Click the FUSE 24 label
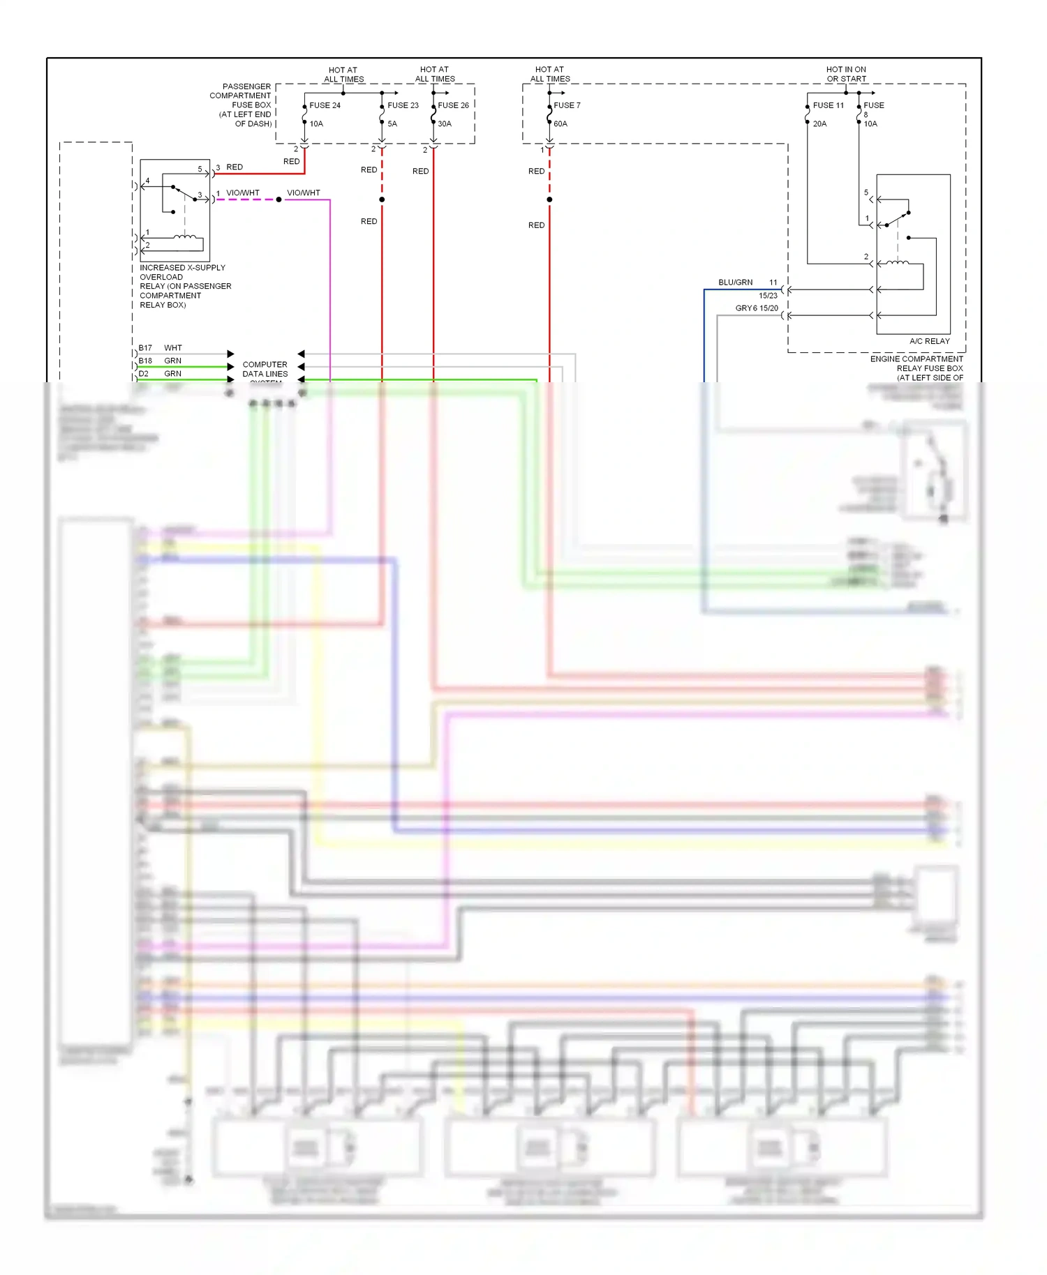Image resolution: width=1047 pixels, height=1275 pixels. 325,105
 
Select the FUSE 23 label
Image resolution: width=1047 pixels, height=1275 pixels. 403,105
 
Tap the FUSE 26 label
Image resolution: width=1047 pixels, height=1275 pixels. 453,105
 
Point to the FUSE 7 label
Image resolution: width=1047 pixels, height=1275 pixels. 567,105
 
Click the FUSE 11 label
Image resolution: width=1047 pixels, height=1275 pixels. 828,105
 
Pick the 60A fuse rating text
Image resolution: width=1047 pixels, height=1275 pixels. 560,124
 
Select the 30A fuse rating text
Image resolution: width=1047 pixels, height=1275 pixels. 445,124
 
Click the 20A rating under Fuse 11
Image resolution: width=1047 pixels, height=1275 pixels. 819,124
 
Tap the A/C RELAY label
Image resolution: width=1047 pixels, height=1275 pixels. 929,341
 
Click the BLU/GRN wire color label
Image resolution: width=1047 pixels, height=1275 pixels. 735,282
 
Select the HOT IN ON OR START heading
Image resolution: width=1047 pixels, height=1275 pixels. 846,74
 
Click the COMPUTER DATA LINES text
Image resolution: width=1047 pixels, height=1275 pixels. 265,369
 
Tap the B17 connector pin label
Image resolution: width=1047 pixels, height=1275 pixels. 145,347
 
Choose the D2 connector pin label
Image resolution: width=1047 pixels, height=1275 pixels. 143,374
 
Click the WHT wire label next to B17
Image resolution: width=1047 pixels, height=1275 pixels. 172,347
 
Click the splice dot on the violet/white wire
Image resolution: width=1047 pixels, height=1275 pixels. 279,199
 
